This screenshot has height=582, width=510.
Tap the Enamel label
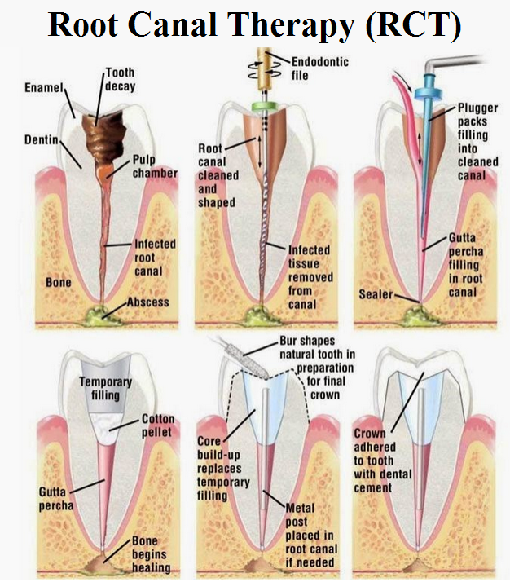(x=44, y=87)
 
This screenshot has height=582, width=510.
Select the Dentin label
(x=42, y=139)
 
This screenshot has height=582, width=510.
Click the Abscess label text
(x=148, y=302)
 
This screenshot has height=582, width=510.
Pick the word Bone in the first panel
(x=58, y=283)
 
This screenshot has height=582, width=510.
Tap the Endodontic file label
(x=319, y=68)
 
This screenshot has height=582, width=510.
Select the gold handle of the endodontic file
(x=265, y=68)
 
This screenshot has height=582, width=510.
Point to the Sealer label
(x=376, y=294)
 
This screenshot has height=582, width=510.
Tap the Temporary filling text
(x=105, y=388)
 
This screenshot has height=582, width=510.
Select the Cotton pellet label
(x=157, y=425)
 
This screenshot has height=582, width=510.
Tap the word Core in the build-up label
(x=209, y=441)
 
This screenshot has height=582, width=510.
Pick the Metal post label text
(x=301, y=514)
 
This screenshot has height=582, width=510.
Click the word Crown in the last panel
(x=370, y=434)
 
